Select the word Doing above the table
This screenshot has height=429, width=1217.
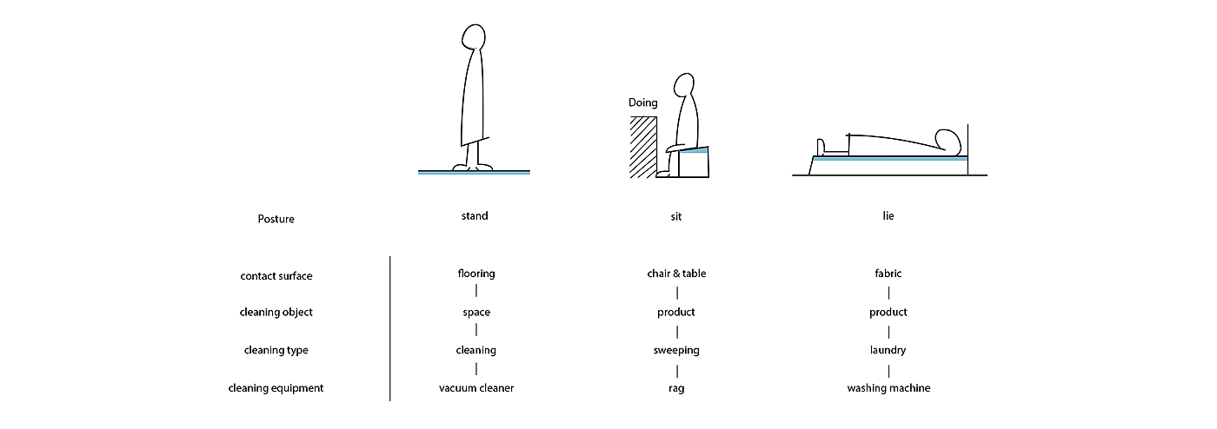point(643,102)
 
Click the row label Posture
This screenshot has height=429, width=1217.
point(276,219)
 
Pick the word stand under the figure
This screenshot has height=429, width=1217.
point(475,215)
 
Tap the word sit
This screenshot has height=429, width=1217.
point(676,216)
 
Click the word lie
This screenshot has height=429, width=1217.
point(888,215)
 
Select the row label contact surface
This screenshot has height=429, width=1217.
point(276,276)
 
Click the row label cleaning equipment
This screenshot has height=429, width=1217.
point(276,388)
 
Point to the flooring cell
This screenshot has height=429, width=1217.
point(475,274)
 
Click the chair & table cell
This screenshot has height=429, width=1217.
point(676,274)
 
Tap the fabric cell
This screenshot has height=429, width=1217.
point(888,274)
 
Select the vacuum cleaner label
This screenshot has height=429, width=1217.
point(475,388)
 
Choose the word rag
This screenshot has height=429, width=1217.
point(676,389)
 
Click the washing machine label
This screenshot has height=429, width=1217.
point(888,388)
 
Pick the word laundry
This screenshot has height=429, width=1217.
point(888,350)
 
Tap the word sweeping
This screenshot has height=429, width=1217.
point(676,350)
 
